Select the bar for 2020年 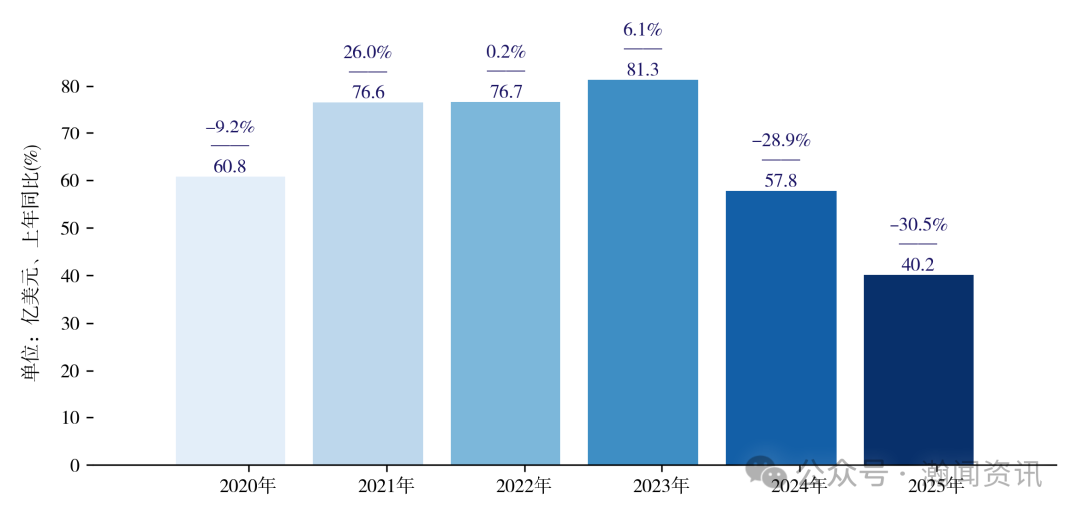pos(230,321)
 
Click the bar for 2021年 pos(368,284)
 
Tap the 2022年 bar pos(506,284)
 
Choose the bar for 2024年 pos(781,328)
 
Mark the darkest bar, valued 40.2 pos(918,370)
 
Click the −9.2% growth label pos(230,128)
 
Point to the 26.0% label pos(368,53)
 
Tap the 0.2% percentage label pos(506,52)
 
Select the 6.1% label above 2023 pos(643,30)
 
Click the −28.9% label pos(781,141)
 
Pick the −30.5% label pos(918,225)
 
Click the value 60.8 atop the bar pos(230,166)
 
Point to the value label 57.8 pos(781,181)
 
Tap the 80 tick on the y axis pos(70,87)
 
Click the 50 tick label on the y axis pos(70,229)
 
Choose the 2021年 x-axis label pos(386,487)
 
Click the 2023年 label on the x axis pos(661,487)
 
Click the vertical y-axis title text pos(31,263)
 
